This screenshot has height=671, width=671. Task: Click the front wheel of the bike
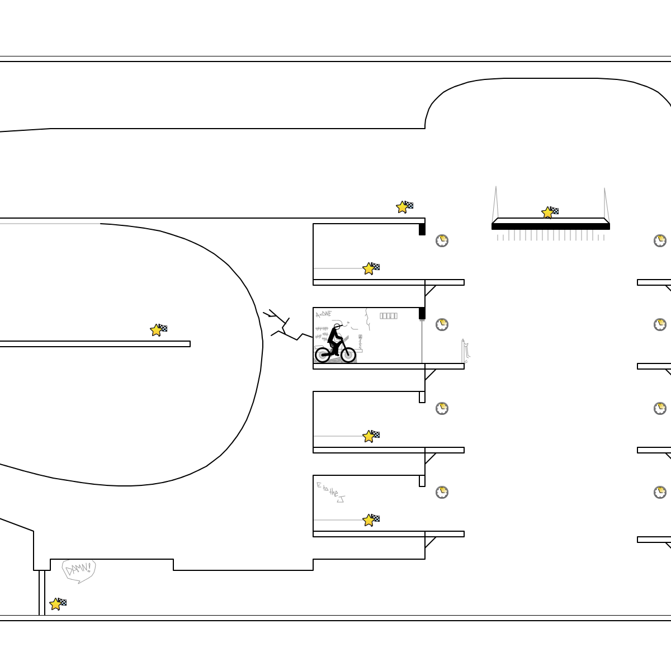tap(348, 354)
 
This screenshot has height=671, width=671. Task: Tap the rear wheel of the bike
tap(323, 354)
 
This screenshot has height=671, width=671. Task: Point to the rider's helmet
tap(337, 326)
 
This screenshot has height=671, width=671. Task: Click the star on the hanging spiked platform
tap(547, 212)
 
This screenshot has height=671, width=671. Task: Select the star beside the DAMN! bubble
tap(55, 604)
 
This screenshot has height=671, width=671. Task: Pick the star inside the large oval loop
tap(156, 330)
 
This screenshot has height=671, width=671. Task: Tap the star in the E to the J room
tap(368, 520)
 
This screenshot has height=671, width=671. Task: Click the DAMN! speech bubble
tap(78, 570)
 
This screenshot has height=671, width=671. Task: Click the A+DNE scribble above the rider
tap(323, 314)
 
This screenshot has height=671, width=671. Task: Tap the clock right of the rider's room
tap(442, 324)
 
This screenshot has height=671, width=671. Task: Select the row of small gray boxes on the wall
tap(389, 315)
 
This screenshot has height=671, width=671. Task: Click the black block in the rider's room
tap(422, 313)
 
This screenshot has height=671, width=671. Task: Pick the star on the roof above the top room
tap(402, 207)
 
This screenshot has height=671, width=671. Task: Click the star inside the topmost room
tap(368, 268)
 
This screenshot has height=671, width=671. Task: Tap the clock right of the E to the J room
tap(442, 492)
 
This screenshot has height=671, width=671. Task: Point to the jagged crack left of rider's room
tap(285, 327)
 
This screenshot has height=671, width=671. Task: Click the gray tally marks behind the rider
tap(322, 333)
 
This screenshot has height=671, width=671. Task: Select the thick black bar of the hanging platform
tap(551, 226)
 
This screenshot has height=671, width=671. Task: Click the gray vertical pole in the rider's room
tap(422, 341)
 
